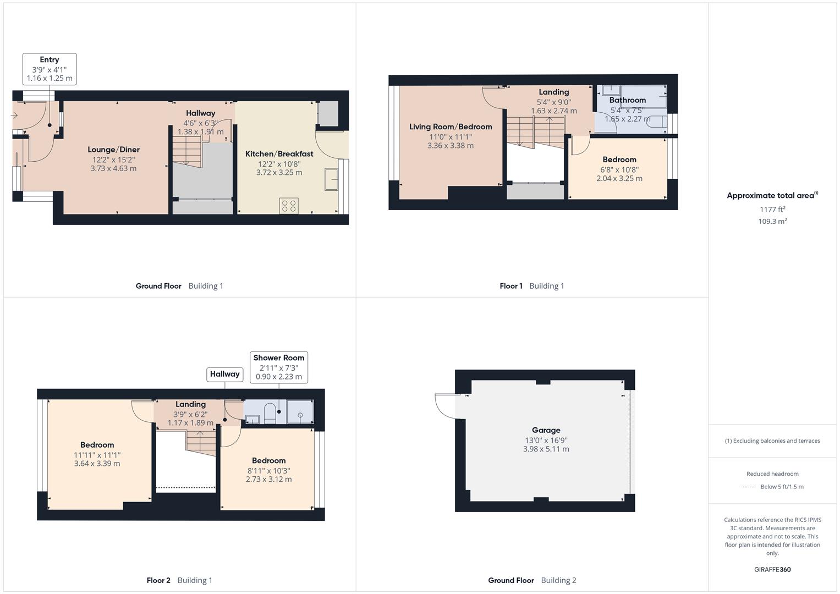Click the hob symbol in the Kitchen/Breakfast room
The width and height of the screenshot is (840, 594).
coord(289,206)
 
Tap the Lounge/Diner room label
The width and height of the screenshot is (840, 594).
coord(114,150)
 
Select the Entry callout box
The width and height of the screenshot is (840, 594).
coord(50,69)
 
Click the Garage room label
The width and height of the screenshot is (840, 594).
coord(546,430)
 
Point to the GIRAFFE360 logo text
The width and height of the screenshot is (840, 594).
coord(772,570)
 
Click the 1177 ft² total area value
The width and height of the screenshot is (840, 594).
coord(772,210)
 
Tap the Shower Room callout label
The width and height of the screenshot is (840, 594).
coord(279,358)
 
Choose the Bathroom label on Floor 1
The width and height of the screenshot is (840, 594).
coord(628,100)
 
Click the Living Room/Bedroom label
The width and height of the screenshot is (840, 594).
coord(451,127)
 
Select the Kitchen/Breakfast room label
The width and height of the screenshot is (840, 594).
coord(279,154)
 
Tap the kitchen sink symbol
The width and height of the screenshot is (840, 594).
coord(332,179)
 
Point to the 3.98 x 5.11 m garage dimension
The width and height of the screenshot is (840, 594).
coord(546,449)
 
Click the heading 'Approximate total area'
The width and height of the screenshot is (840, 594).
coord(771,196)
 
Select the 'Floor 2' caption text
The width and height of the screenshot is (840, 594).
coord(158,580)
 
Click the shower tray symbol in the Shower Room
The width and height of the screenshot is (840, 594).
coord(300,413)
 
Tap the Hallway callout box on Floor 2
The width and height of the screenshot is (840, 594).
coord(225,374)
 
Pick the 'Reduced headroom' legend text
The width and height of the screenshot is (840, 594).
coord(772,474)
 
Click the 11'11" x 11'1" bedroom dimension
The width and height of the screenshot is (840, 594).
coord(97,455)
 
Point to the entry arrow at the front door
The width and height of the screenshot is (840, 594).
coord(14,116)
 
